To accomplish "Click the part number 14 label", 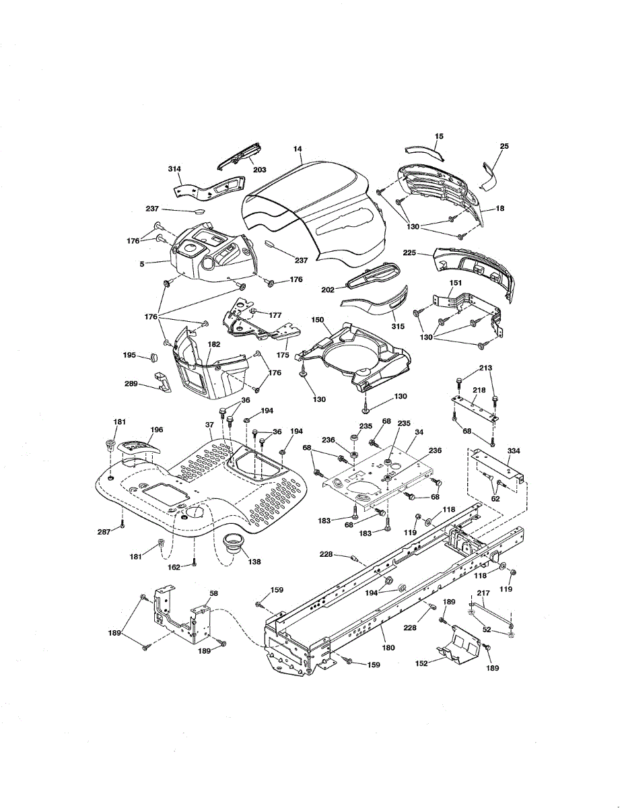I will [298, 148].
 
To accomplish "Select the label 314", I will [174, 168].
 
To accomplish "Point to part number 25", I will [505, 146].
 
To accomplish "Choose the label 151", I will [456, 283].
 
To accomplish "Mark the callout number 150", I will [318, 318].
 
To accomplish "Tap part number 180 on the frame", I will [388, 647].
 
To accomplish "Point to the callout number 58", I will [213, 593].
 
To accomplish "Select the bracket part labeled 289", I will [162, 381].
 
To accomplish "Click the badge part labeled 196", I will [137, 446].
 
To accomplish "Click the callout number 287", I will [103, 532].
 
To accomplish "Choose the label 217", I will [483, 593].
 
